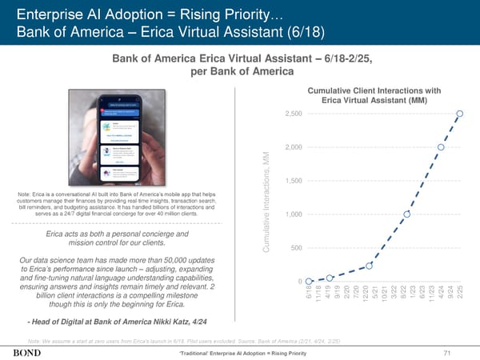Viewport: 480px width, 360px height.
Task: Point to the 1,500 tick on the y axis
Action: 293,180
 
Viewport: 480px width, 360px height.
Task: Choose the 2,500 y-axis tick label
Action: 292,114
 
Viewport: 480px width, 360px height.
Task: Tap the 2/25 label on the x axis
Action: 460,294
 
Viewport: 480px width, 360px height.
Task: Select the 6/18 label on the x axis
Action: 309,294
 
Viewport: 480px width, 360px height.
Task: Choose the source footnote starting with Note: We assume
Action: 183,340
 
